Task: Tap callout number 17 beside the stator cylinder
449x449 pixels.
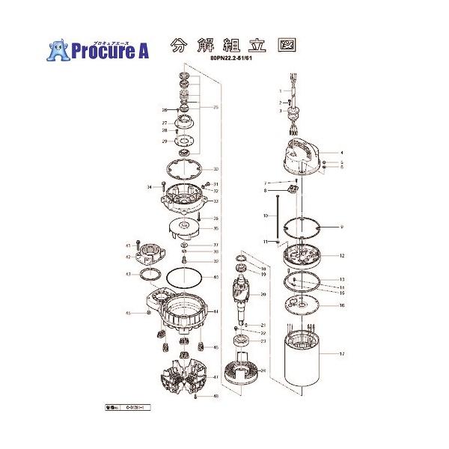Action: (342, 353)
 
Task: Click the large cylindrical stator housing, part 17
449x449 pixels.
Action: (303, 363)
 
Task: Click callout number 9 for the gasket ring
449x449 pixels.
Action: (342, 226)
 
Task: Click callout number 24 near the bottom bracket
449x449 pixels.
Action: (263, 370)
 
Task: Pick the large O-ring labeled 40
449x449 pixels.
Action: (181, 278)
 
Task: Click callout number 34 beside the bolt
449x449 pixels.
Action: (150, 186)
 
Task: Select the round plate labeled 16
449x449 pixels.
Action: (305, 304)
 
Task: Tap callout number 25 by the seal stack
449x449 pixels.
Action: (216, 108)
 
